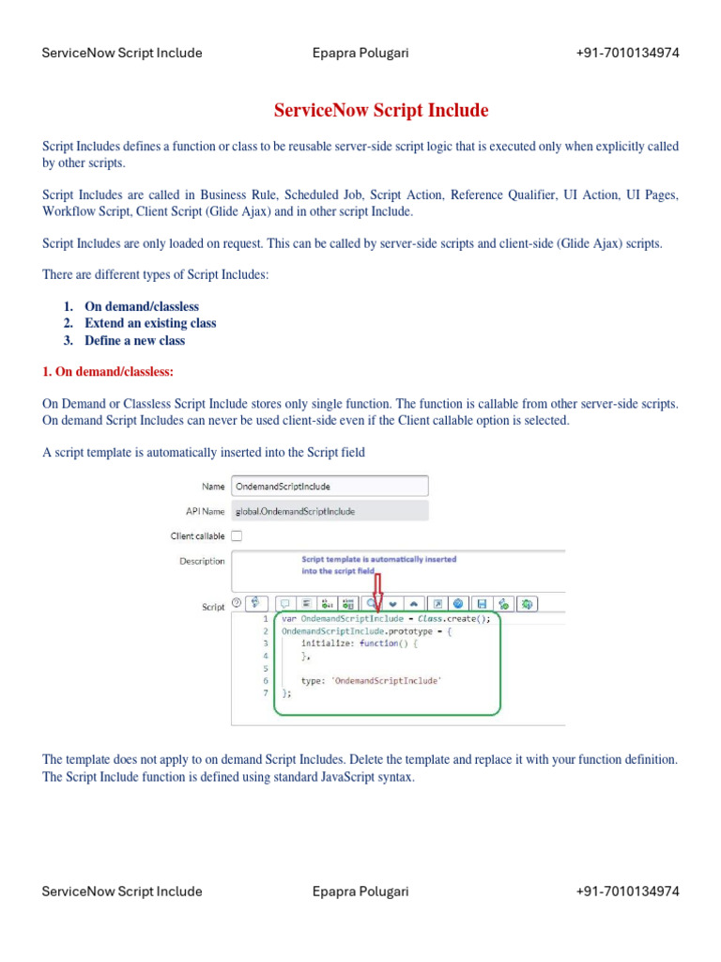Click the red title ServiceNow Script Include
[381, 111]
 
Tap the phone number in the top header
[627, 53]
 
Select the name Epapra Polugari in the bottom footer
[360, 892]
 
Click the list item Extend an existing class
[150, 323]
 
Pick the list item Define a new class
[134, 341]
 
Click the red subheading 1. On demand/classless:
[108, 372]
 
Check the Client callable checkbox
[237, 535]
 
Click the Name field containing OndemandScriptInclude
[330, 486]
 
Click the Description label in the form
[202, 561]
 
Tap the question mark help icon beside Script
[237, 603]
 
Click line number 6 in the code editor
[266, 680]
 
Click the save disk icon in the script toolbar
[482, 603]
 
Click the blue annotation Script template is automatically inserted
[378, 559]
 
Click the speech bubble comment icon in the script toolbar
[284, 603]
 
